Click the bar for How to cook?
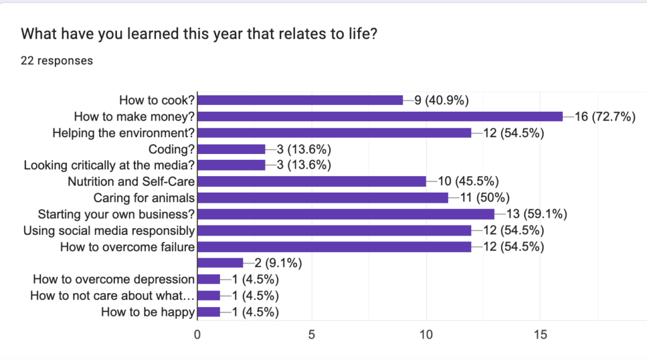[x=300, y=100]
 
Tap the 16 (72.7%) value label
[x=605, y=116]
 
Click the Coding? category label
[x=171, y=149]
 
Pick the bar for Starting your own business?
[x=346, y=214]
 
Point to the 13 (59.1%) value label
[x=536, y=214]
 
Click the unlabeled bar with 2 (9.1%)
[x=221, y=263]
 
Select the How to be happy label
[x=148, y=311]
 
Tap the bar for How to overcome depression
[x=209, y=279]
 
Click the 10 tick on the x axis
[x=426, y=334]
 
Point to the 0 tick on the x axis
[x=198, y=334]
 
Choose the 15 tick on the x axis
[x=540, y=334]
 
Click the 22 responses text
[x=57, y=61]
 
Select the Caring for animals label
[x=143, y=198]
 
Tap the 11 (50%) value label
[x=480, y=198]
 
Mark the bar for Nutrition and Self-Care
[x=312, y=182]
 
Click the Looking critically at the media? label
[x=109, y=165]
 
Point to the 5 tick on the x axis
[x=311, y=334]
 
